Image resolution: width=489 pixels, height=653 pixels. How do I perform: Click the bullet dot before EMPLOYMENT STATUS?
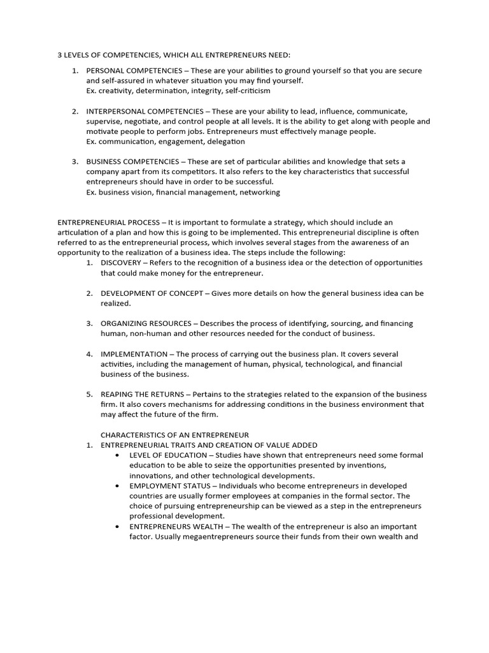click(x=119, y=486)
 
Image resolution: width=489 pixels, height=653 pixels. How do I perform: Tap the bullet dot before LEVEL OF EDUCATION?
click(x=119, y=455)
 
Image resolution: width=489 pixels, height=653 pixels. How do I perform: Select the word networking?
click(x=260, y=192)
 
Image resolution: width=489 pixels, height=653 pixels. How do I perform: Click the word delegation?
click(x=225, y=142)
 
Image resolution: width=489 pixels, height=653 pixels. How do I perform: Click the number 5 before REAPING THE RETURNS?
click(x=89, y=394)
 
